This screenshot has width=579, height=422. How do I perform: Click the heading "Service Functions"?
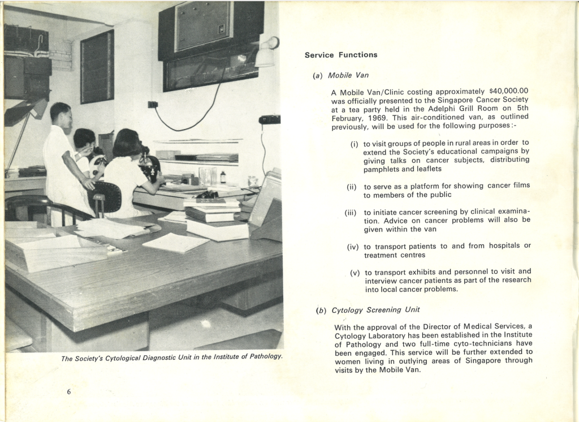tap(341, 55)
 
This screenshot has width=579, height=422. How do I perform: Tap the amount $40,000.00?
tap(508, 91)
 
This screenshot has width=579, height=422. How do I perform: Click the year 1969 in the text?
tap(375, 118)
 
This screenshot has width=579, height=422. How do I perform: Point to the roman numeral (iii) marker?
tap(350, 213)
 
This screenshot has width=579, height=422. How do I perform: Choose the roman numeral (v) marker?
tap(355, 273)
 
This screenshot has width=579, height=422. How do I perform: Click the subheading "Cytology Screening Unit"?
tap(375, 310)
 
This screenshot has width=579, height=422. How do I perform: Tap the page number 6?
tap(68, 392)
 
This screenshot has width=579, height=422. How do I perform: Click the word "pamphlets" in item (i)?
tap(381, 169)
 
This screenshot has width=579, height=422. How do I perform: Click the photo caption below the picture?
tap(171, 358)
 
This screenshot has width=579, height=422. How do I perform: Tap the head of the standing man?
tap(61, 114)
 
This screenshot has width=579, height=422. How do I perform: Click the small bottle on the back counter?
tap(223, 178)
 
